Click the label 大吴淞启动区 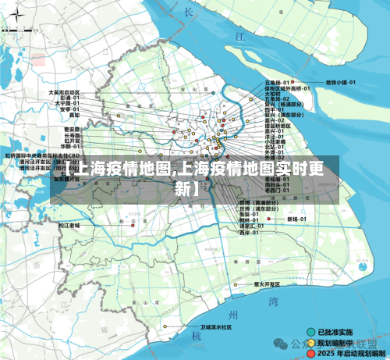64,92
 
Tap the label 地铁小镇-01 341,82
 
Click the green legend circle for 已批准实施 312,331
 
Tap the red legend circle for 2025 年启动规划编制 312,353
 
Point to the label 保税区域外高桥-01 288,88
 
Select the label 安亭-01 71,109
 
